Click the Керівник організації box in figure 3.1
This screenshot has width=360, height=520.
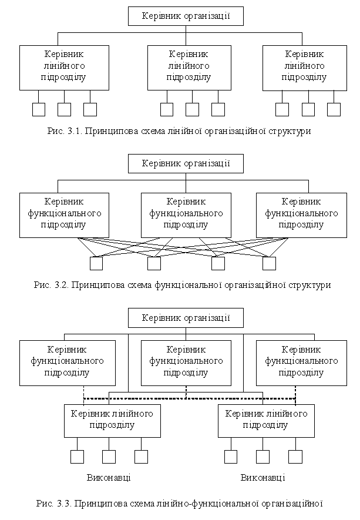(x=186, y=16)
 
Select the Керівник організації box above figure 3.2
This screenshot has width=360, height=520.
(x=186, y=163)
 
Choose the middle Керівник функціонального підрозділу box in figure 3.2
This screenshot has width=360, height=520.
(x=186, y=213)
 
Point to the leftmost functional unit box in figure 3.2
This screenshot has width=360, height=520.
(x=64, y=213)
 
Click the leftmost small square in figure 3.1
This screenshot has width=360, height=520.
(x=39, y=109)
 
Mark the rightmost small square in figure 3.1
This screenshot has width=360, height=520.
(x=334, y=109)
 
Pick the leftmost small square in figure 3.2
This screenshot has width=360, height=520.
(x=96, y=263)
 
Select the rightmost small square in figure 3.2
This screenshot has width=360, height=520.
(x=269, y=263)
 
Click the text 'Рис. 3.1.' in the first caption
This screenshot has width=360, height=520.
(x=63, y=132)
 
